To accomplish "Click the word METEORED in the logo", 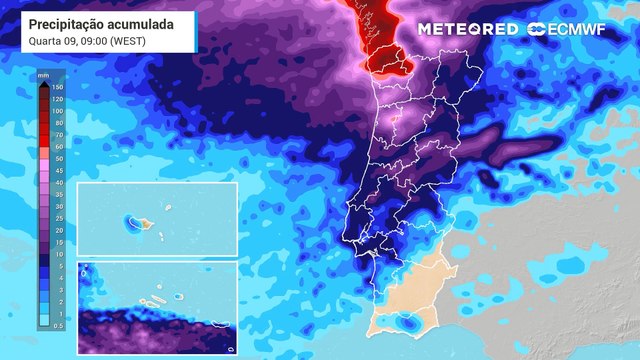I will tap(467, 29).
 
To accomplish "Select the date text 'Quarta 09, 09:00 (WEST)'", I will tap(85, 40).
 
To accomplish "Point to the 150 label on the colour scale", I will tap(57, 87).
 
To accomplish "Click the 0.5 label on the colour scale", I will tap(58, 325).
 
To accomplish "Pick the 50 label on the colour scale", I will tap(57, 158).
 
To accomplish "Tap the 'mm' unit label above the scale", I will tap(44, 75).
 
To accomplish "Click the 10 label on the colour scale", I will tap(57, 253).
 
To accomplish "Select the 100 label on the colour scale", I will tap(57, 111).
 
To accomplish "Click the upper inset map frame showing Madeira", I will tap(157, 220).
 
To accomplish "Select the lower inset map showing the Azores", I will tap(157, 308).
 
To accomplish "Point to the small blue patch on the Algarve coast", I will tap(407, 322).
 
